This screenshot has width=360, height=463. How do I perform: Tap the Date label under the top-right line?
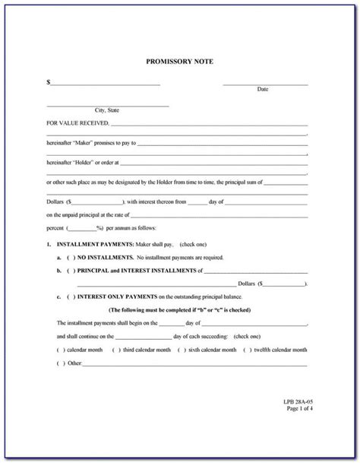(263, 89)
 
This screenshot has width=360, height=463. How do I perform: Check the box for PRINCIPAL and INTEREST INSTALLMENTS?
(71, 269)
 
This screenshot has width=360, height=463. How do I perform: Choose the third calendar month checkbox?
(116, 350)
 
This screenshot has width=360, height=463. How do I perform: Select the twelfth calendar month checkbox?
(246, 350)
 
